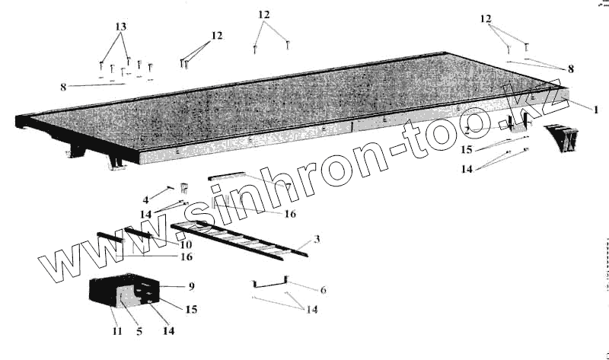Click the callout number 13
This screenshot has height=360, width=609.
click(120, 27)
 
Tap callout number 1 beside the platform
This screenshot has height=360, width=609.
click(595, 109)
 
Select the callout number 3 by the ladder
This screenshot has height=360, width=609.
click(317, 240)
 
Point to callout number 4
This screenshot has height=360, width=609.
click(145, 200)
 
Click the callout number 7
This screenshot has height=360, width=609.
click(287, 186)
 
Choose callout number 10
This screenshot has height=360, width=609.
click(185, 244)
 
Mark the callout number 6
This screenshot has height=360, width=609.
click(301, 290)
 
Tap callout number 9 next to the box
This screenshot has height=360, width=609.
click(191, 286)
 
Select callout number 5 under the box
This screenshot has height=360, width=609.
click(139, 332)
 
